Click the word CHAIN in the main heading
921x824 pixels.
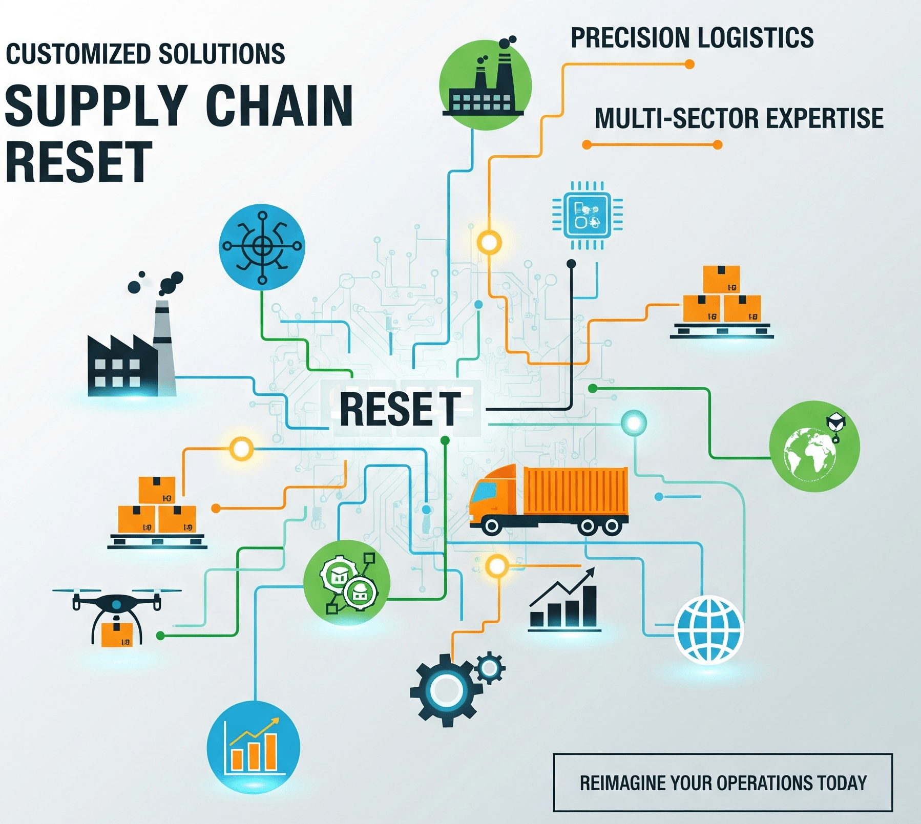click(279, 106)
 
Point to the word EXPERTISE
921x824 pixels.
click(825, 118)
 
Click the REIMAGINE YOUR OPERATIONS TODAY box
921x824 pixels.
click(723, 783)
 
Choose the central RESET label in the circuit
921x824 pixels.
click(400, 409)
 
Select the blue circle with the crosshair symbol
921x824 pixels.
click(262, 247)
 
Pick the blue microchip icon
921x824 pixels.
click(587, 215)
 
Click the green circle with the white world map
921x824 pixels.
click(814, 447)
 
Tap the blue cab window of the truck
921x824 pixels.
click(485, 492)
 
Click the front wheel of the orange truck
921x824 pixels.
click(492, 525)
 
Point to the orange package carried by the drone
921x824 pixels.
click(117, 635)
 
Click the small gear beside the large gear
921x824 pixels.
click(490, 667)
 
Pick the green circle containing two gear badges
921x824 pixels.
click(347, 583)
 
